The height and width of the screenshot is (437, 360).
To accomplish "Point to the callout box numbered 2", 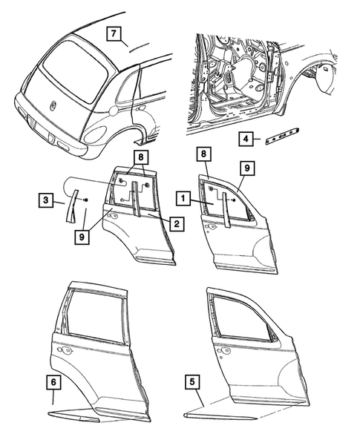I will tap(175, 222).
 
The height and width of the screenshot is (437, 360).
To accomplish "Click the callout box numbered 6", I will tap(53, 383).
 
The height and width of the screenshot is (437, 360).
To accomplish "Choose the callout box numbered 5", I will tap(193, 383).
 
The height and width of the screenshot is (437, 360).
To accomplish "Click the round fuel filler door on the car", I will tap(113, 111).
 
